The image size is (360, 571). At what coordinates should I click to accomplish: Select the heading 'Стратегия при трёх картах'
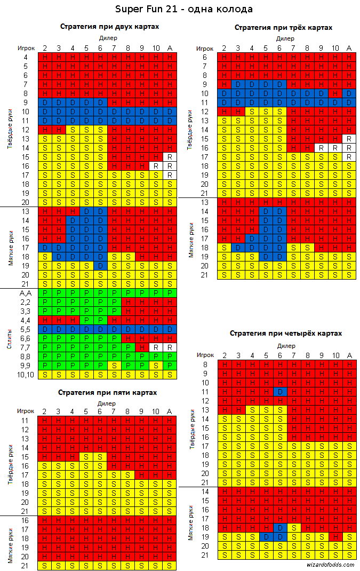pos(283,27)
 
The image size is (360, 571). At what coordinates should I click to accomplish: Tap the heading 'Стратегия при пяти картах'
pos(108,392)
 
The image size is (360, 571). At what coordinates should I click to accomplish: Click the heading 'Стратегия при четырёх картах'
pos(286,333)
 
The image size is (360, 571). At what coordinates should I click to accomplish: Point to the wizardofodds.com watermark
pos(331,564)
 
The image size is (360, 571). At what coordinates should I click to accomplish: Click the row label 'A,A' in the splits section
pos(26,293)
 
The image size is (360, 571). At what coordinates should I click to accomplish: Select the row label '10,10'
pos(26,375)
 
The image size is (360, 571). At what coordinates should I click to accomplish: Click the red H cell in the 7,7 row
pos(141,347)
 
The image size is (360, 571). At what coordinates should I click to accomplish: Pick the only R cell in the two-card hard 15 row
pos(169,157)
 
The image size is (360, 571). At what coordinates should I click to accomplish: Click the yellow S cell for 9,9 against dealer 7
pos(114,366)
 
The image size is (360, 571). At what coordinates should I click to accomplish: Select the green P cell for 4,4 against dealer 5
pos(86,320)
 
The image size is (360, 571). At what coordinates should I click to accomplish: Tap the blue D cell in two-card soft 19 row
pos(100,266)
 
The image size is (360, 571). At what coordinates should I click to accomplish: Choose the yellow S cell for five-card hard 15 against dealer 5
pos(86,457)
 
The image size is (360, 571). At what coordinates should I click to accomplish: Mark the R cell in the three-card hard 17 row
pos(349,157)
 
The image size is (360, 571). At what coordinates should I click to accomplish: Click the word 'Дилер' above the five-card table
pos(108,403)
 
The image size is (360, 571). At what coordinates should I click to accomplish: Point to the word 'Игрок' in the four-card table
pos(205,355)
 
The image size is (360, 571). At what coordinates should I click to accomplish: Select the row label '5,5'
pos(26,329)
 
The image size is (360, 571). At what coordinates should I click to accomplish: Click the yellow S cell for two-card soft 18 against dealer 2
pos(44,257)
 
